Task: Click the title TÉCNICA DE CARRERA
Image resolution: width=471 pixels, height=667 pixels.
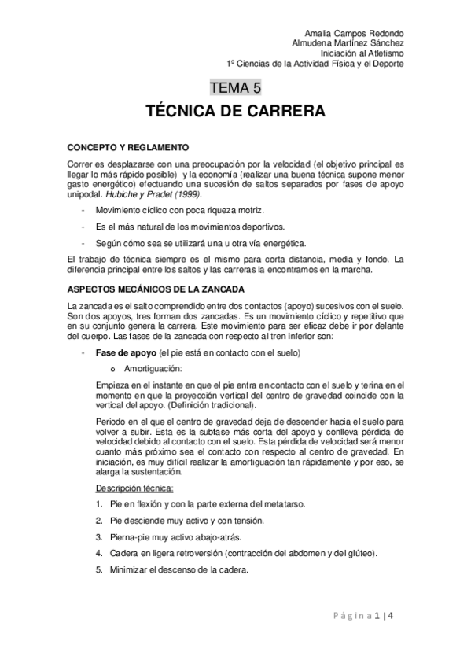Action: tap(235, 112)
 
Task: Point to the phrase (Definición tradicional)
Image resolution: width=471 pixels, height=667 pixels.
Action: tap(206, 406)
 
